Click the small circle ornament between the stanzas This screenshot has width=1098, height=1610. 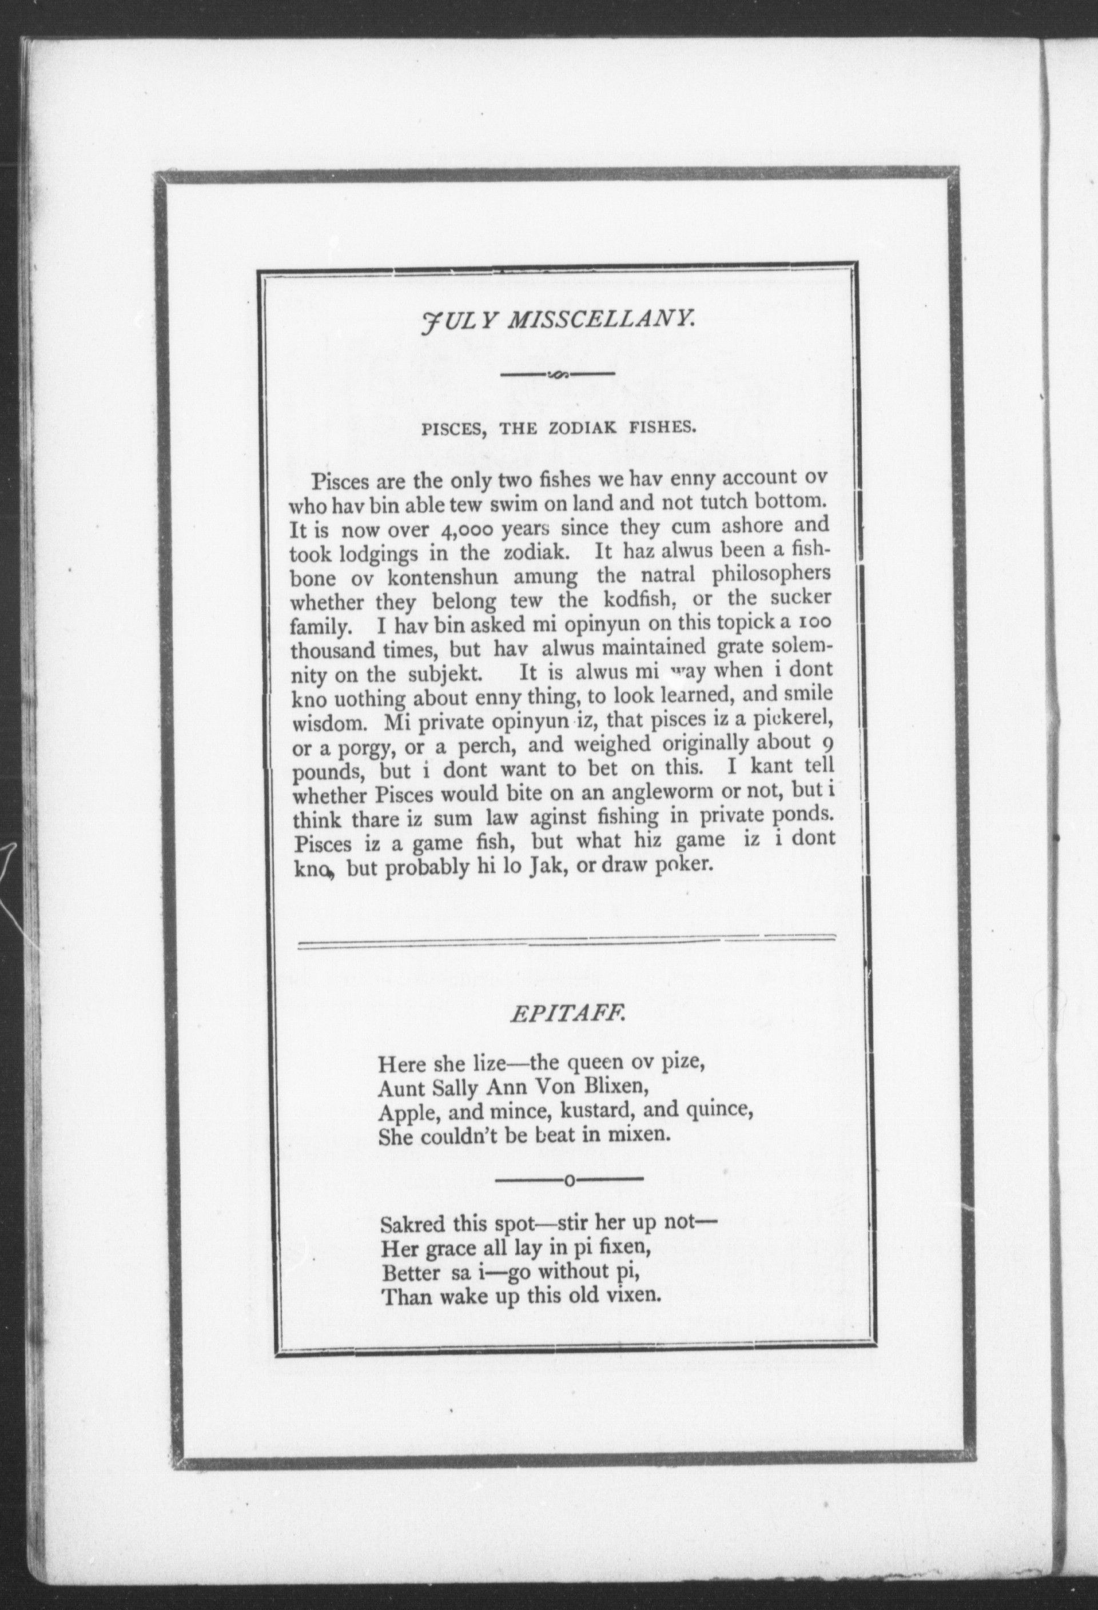[569, 1181]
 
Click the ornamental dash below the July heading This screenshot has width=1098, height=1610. [558, 376]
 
